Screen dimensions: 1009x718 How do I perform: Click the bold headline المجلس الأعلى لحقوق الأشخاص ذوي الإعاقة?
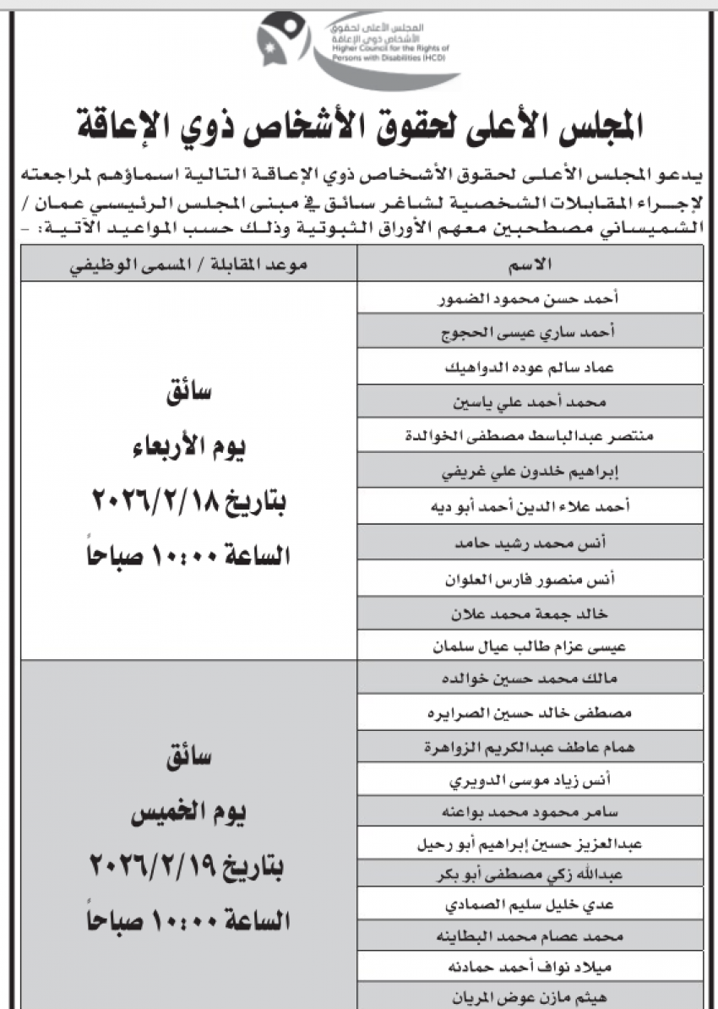coord(360,125)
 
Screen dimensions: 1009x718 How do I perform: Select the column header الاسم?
coord(538,265)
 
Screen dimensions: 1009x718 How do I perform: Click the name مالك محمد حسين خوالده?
coord(536,679)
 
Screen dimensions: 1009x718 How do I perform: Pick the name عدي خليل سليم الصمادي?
coord(536,903)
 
